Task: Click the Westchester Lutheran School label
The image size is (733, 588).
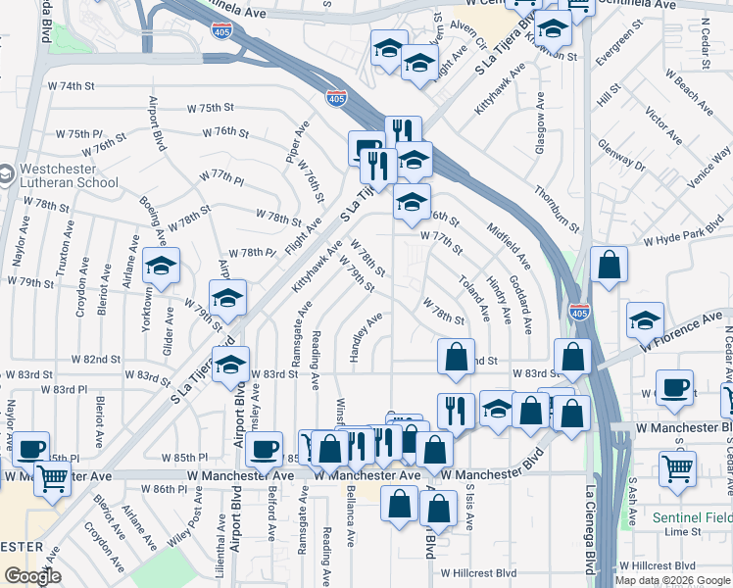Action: click(66, 174)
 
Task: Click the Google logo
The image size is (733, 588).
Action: click(32, 576)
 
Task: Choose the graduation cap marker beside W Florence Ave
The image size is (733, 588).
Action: click(645, 320)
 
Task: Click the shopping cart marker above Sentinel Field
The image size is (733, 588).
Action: click(677, 469)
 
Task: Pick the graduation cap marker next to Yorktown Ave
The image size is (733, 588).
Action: click(162, 266)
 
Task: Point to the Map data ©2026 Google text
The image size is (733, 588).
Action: click(672, 580)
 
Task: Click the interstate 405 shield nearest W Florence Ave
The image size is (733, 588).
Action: click(578, 312)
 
